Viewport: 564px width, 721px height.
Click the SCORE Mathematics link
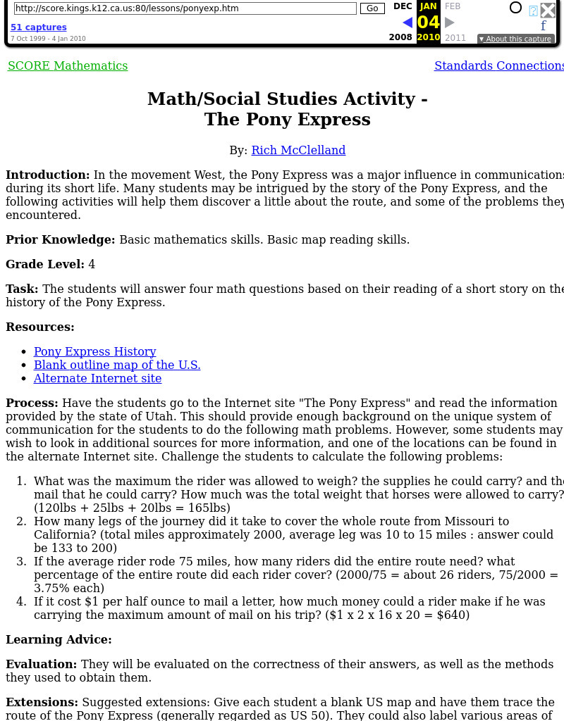[68, 66]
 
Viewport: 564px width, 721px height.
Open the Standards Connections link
[499, 66]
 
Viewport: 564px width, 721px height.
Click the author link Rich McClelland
[298, 151]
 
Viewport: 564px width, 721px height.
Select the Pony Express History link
[94, 352]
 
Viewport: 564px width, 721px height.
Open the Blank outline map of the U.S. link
[117, 365]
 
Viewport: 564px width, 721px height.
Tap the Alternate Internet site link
[97, 379]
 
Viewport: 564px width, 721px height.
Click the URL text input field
[185, 8]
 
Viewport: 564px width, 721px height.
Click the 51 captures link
[39, 27]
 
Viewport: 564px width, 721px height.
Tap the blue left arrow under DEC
[407, 23]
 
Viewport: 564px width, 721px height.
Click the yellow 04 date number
[428, 23]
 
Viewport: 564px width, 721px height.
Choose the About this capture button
[515, 39]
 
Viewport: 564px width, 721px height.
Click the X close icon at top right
[548, 10]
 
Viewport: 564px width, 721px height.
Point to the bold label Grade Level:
[45, 265]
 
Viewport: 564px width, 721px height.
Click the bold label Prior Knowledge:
[61, 240]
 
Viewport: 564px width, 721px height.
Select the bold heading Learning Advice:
[59, 640]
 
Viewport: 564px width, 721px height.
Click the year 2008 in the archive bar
[400, 38]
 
